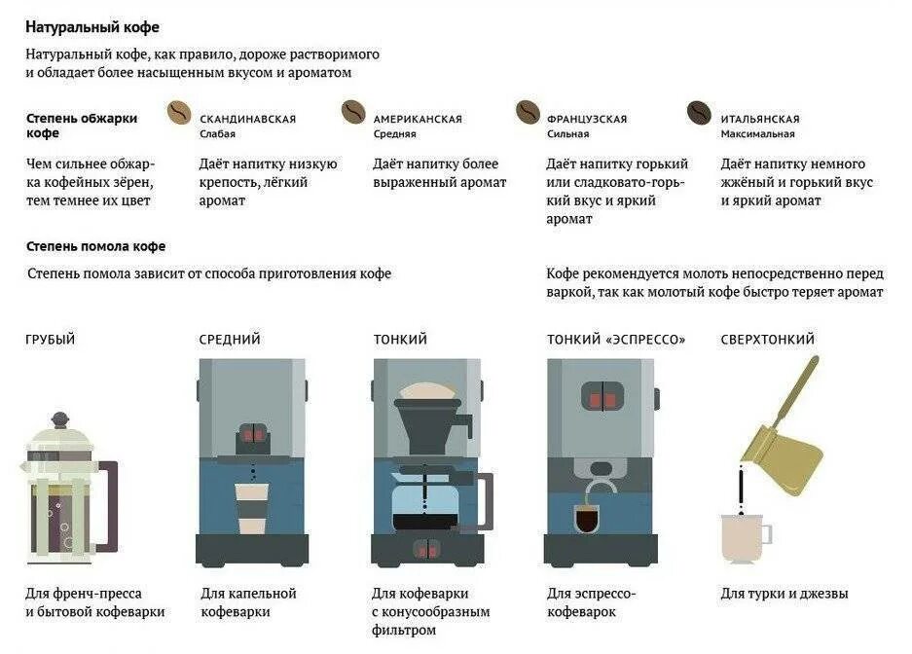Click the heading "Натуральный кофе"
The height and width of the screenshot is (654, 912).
pos(92,27)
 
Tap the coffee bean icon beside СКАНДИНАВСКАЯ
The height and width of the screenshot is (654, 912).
pos(180,113)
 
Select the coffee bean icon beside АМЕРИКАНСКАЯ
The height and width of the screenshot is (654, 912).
pos(353,113)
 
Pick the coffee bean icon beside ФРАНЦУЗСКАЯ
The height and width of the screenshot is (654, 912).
pos(528,113)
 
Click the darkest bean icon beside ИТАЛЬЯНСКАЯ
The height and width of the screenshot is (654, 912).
pos(699,113)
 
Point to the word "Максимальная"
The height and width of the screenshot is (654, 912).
pos(757,134)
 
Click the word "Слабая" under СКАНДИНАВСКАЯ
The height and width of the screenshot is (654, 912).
pos(217,134)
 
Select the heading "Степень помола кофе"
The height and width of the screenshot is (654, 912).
pos(95,246)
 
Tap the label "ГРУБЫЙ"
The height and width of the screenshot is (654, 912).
pos(51,340)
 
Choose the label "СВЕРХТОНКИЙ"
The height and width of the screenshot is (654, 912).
pos(767,340)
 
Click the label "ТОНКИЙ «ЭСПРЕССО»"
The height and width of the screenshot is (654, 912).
pos(616,340)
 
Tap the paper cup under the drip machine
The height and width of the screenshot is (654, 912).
pos(252,507)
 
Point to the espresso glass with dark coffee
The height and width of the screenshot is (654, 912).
pos(588,518)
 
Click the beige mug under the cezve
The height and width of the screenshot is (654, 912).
pos(743,537)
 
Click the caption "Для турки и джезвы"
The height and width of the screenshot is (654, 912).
pos(784,593)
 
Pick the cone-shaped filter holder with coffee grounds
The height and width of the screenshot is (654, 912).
pos(428,413)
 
